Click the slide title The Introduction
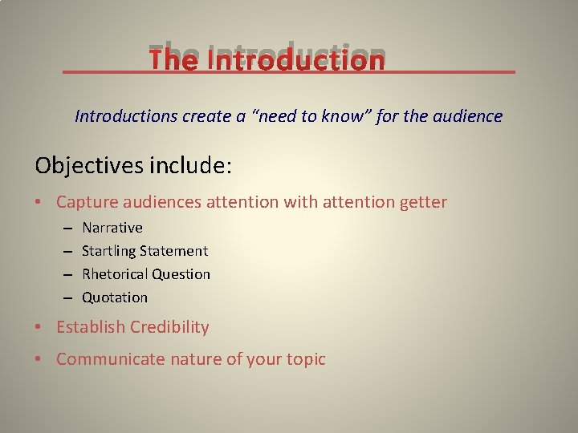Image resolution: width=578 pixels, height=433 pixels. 267,60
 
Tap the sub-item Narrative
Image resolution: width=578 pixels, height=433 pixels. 112,228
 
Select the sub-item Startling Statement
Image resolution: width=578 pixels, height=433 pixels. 144,251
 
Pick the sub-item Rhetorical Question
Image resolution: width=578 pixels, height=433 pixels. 146,274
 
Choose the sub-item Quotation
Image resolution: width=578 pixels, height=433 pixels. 115,297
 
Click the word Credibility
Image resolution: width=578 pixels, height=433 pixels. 169,327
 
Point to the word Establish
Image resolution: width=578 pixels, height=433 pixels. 91,327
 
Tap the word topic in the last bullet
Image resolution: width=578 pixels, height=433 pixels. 304,359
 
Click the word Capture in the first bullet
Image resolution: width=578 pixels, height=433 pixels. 84,202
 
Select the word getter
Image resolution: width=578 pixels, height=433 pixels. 422,202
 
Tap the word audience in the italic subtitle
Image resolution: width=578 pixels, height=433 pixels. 468,116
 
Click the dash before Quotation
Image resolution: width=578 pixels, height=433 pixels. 67,297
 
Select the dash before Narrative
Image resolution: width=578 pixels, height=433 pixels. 67,228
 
